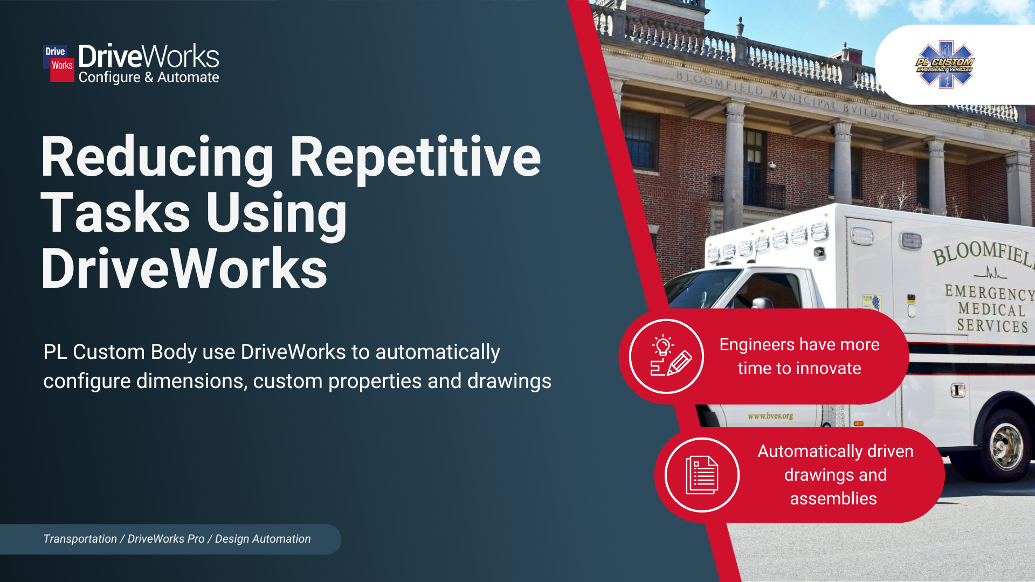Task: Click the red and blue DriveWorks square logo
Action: click(x=59, y=63)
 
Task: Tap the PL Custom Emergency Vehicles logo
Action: click(x=945, y=65)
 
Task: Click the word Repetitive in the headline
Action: click(x=415, y=157)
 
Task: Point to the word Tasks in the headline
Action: click(x=115, y=213)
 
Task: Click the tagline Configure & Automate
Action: click(x=149, y=78)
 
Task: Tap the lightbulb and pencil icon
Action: click(x=667, y=356)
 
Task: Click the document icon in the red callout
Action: click(x=702, y=475)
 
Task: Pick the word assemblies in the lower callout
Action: click(x=833, y=499)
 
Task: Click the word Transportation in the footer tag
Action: click(x=80, y=539)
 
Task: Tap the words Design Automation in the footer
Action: click(x=263, y=539)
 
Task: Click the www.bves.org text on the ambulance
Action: click(x=770, y=416)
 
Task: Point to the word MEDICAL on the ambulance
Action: click(x=991, y=309)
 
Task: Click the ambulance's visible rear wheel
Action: click(x=1006, y=446)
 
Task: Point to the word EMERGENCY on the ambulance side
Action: click(x=990, y=293)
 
